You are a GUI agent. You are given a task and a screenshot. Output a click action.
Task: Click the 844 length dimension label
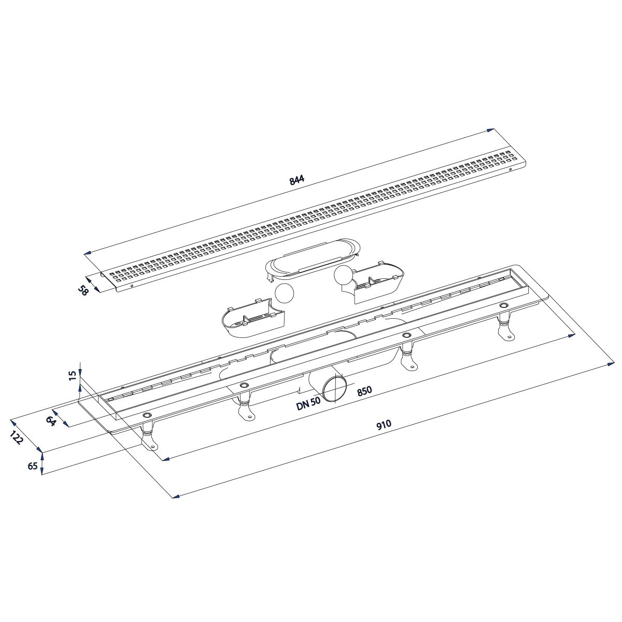pos(297,180)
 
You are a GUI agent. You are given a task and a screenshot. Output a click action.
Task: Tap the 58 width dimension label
pos(83,290)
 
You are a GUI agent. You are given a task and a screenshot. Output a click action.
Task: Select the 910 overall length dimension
pos(384,424)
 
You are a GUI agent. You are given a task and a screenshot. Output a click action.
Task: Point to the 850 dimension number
pos(364,391)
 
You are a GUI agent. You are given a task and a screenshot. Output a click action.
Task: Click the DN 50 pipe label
pos(308,403)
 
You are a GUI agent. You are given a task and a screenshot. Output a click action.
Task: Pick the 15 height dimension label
pos(73,375)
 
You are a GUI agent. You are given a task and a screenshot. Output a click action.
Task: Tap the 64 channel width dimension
pos(51,421)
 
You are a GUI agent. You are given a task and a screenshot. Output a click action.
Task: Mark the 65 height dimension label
pos(33,466)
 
